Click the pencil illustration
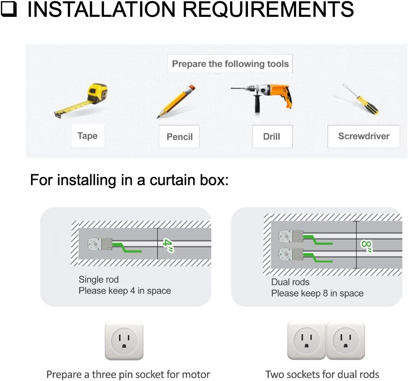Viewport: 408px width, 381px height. (x=176, y=101)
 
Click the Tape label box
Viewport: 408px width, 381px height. (x=88, y=136)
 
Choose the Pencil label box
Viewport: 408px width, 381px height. (x=179, y=137)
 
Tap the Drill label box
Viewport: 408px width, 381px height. (x=273, y=136)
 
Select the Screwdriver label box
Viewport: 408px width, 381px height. (x=364, y=136)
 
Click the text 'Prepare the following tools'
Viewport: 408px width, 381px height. (x=230, y=64)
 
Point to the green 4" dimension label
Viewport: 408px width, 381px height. (x=168, y=245)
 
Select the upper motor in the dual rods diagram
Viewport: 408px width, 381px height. (x=290, y=236)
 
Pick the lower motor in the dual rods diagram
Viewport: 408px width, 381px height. (x=290, y=254)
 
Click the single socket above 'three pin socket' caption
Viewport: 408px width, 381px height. (x=124, y=341)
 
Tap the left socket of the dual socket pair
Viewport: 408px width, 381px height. (x=307, y=340)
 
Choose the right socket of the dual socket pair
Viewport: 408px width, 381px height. (x=346, y=340)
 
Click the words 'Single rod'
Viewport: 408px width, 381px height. (x=99, y=280)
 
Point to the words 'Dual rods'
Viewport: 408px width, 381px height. (x=290, y=282)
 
